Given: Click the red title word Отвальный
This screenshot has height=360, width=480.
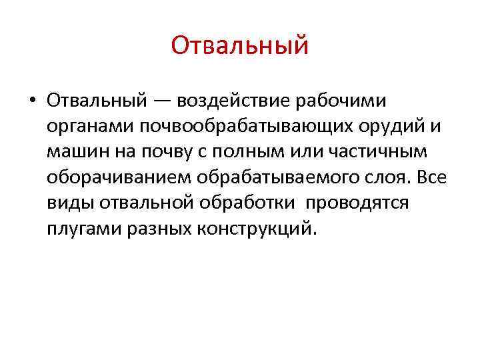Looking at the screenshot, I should pyautogui.click(x=240, y=46).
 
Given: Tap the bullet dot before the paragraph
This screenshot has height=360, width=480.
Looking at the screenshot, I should pyautogui.click(x=31, y=101).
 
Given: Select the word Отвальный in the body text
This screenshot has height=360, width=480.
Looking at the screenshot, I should pyautogui.click(x=97, y=100).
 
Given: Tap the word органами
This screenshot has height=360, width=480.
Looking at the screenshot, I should pyautogui.click(x=85, y=127).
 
